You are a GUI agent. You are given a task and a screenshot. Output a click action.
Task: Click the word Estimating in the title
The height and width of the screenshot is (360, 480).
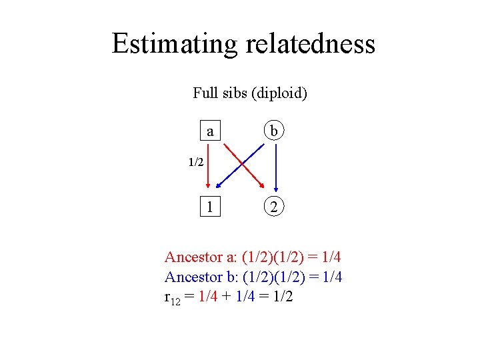(175, 44)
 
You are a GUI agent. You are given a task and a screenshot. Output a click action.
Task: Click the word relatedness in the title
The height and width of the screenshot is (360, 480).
(311, 44)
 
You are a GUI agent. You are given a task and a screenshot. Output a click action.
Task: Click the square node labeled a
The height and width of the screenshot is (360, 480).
(211, 131)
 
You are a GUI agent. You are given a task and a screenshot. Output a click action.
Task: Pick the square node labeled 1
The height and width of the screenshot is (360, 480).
(211, 207)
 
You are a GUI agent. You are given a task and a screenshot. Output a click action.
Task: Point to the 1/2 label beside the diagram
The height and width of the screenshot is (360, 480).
(195, 162)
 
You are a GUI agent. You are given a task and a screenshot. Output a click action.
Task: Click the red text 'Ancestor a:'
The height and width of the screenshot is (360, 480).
(201, 257)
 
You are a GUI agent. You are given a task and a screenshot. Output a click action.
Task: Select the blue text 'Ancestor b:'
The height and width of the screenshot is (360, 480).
(201, 277)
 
